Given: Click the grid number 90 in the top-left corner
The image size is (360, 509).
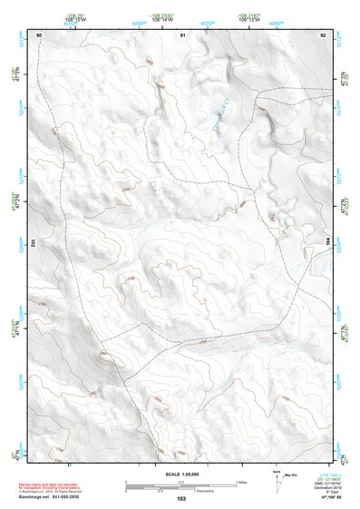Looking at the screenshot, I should (x=39, y=34).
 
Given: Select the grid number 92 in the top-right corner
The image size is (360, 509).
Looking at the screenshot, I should (x=323, y=34).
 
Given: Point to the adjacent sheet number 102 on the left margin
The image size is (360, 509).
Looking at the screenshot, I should (x=33, y=242).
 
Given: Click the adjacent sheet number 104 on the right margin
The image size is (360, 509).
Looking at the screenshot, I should (x=328, y=242).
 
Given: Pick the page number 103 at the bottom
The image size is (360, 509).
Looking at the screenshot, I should (x=181, y=499).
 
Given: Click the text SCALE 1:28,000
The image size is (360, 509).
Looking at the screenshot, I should (x=180, y=475).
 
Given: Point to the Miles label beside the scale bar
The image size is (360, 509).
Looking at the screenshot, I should (x=241, y=482).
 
